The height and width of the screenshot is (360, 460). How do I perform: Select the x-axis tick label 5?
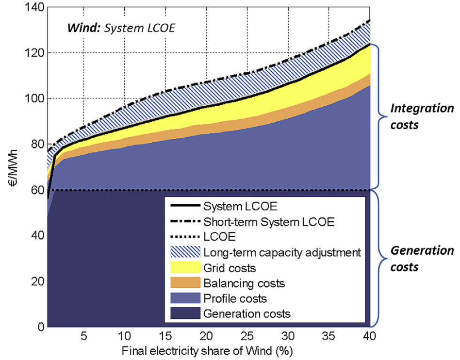point(83,336)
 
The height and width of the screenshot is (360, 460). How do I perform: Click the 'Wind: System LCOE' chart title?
point(121,28)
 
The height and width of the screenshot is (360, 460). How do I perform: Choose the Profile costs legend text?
point(235,298)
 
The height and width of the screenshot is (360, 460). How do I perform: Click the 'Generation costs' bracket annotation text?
point(421,259)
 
